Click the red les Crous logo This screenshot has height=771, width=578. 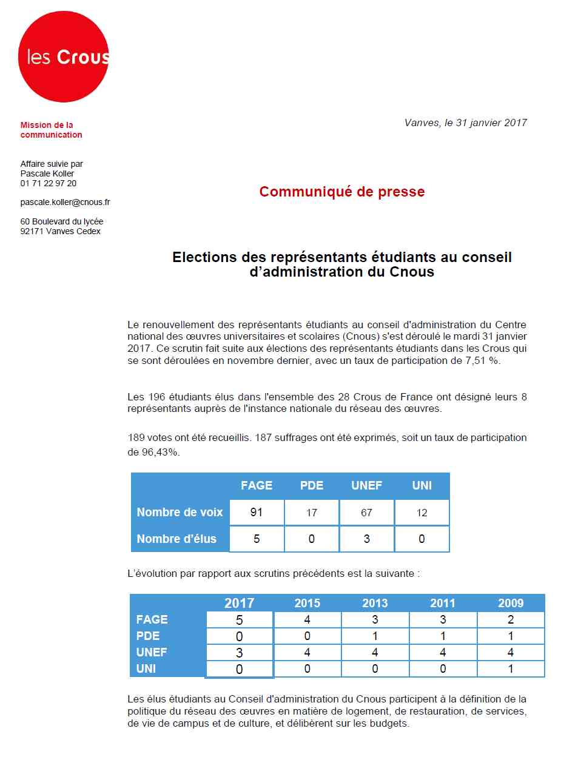pos(64,57)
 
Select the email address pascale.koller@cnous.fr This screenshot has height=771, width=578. pos(65,202)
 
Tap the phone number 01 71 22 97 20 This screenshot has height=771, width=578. pos(49,183)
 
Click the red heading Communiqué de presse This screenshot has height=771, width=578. pos(341,192)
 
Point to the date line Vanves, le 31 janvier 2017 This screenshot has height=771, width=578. pos(465,123)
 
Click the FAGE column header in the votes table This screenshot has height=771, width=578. pos(257,485)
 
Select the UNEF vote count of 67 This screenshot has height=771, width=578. pos(366,513)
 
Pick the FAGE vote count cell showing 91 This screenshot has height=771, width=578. pos(257,513)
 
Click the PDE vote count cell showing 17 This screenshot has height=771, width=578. pos(312,513)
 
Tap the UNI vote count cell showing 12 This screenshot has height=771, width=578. pos(422,513)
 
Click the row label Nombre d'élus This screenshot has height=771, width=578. pos(176,539)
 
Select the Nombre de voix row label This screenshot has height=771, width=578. pos(180,512)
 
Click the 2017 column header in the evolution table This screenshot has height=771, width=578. pos(239,603)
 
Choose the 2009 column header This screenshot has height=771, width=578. pos(510,603)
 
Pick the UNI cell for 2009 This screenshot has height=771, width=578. pos(510,668)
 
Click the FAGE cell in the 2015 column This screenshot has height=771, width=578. pos(307,619)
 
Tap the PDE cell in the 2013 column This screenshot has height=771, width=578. pos(375,636)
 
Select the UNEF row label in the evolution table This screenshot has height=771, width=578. pos(152,652)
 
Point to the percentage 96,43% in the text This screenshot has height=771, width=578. pos(161,452)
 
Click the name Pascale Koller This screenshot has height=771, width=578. pos(47,173)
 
